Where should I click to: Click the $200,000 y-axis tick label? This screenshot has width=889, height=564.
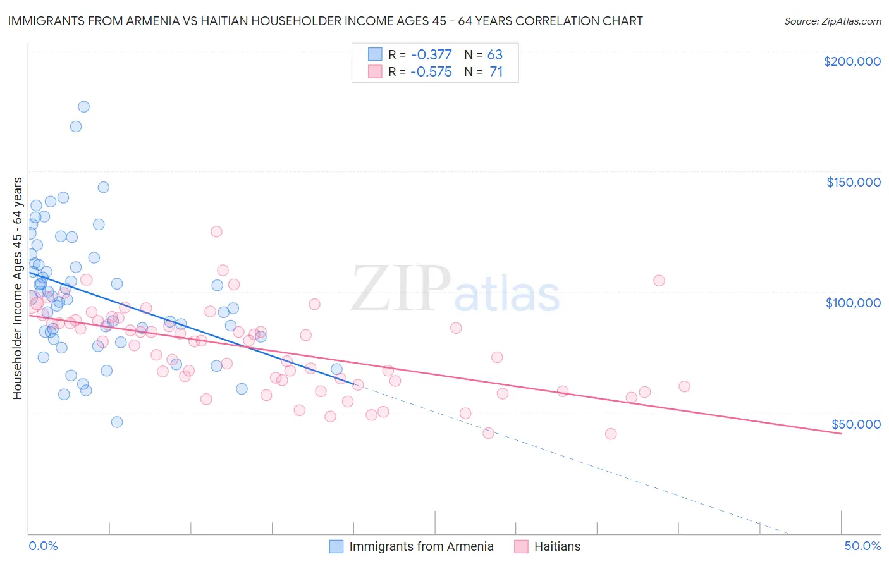(852, 61)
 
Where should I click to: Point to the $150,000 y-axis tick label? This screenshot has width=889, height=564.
(853, 182)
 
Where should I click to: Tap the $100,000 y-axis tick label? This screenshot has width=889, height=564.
(853, 303)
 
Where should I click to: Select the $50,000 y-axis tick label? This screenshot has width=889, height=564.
(855, 424)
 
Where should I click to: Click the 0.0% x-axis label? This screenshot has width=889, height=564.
(43, 546)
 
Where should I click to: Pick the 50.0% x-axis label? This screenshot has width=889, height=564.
(862, 546)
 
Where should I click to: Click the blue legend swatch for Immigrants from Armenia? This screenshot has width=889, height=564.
(336, 546)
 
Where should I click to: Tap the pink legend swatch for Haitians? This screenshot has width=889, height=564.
(521, 546)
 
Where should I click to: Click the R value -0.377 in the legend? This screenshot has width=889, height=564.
(431, 55)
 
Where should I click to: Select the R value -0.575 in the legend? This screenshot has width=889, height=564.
(431, 72)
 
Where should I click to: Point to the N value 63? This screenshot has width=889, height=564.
(494, 55)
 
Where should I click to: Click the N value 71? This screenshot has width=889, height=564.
(496, 72)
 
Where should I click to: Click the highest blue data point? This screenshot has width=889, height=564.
(83, 107)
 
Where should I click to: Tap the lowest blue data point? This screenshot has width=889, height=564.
(117, 422)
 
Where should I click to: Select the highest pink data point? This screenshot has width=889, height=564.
(216, 231)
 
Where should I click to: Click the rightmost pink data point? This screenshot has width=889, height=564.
(684, 386)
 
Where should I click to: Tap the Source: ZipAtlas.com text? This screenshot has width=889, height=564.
(832, 21)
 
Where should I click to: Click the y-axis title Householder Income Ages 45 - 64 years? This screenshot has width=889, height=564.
(18, 288)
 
